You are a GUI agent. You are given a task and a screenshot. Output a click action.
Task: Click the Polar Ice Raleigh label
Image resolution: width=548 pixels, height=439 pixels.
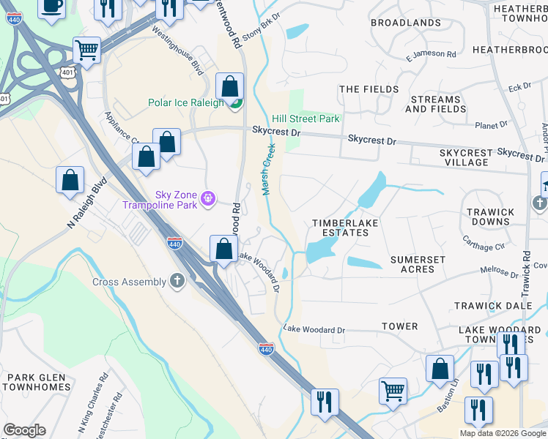coord(186,103)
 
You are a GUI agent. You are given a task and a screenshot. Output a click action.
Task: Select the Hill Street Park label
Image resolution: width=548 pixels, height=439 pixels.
coord(306,119)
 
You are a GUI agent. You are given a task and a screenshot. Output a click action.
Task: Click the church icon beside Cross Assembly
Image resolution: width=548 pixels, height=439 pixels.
coord(177,281)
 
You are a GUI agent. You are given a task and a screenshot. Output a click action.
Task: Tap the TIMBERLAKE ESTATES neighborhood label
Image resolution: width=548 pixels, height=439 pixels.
coord(340,228)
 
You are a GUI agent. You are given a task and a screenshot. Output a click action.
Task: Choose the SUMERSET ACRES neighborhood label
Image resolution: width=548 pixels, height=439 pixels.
coord(418,264)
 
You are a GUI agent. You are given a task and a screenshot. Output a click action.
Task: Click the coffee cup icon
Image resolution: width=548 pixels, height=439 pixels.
coord(51,5)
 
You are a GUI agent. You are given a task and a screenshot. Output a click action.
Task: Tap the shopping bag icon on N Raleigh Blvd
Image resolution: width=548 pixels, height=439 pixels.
coord(70,180)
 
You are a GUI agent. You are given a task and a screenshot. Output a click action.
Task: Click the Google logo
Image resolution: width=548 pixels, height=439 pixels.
coord(24,430)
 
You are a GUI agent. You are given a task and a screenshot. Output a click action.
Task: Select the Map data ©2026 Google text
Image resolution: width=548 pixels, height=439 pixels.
coord(502,433)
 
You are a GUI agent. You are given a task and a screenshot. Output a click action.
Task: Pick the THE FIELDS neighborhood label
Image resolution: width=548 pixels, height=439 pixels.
coord(369,89)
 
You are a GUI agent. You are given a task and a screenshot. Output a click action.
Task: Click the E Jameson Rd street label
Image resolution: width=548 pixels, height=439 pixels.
coord(430,55)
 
